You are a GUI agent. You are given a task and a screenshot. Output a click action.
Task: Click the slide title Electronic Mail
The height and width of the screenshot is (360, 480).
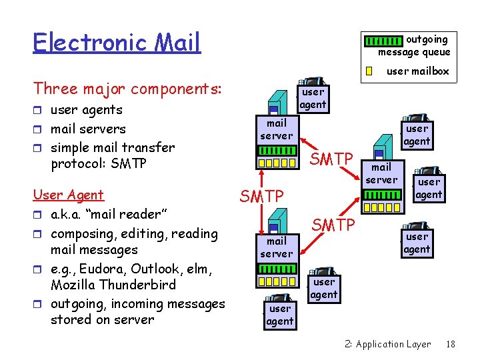[117, 43]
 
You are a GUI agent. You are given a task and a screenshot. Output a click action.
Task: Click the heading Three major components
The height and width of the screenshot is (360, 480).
[127, 89]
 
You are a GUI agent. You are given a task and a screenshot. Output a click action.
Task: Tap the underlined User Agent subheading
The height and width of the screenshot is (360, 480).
[68, 195]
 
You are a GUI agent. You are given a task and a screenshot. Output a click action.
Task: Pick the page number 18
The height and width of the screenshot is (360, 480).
[451, 344]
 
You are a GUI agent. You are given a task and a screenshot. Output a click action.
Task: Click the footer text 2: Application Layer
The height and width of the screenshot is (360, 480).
[388, 344]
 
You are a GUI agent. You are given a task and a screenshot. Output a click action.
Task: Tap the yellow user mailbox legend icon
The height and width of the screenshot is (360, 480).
[369, 71]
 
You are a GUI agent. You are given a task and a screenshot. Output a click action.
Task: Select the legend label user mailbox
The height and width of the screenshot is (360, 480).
[418, 71]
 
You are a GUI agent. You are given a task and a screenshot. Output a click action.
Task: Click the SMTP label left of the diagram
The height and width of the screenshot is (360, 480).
[261, 196]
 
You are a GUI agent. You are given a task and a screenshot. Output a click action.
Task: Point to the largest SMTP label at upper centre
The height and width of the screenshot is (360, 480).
[332, 159]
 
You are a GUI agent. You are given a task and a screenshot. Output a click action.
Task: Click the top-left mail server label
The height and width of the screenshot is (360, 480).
[276, 129]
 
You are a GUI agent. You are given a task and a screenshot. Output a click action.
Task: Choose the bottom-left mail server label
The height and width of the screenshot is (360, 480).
[276, 247]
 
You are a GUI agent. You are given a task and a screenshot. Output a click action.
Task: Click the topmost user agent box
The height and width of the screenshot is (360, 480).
[312, 98]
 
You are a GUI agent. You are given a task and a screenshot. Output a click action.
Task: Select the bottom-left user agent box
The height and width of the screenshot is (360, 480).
[279, 315]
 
